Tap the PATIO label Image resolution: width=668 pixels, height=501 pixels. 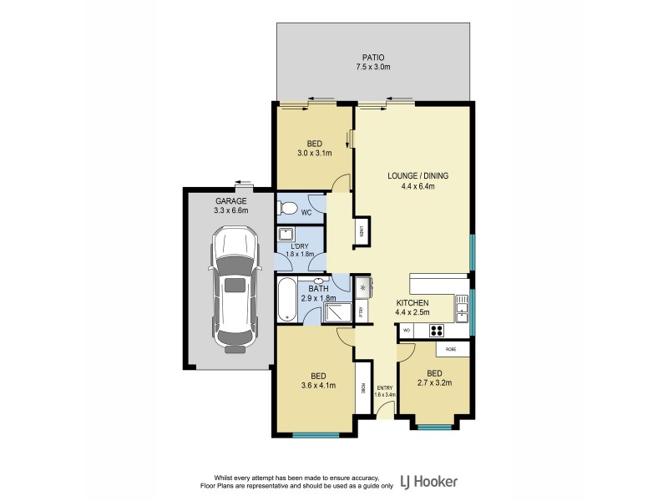373,57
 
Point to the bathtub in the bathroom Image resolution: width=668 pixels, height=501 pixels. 287,301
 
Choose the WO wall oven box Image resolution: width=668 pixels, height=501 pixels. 407,331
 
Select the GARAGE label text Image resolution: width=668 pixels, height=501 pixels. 230,201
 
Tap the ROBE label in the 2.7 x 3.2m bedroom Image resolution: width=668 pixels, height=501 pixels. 450,347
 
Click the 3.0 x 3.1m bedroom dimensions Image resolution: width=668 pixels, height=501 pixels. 315,154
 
